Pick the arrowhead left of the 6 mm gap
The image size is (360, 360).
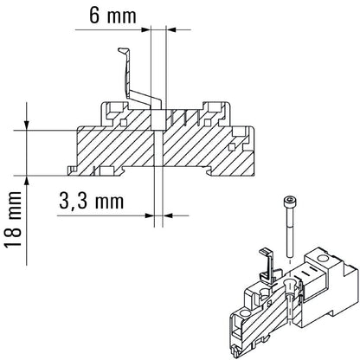click(145, 32)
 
